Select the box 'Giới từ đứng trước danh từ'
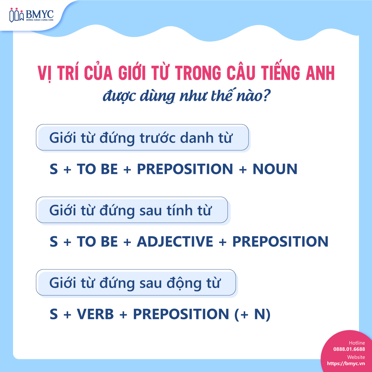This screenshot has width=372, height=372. pos(142,138)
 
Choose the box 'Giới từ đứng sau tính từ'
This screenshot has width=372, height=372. pos(132,210)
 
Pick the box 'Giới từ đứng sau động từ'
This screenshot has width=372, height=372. pos(136,283)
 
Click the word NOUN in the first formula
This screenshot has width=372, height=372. pos(275,169)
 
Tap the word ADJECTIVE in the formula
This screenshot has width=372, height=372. pos(175,242)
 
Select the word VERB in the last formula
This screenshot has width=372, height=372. pos(95,314)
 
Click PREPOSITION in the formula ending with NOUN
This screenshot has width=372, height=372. pos(185,169)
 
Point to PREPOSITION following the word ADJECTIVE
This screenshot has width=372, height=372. pos(280,242)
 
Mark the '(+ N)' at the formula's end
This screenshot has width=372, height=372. pos(252,314)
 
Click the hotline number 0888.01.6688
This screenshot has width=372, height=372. pos(349,349)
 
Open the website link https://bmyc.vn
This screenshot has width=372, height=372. pos(346,364)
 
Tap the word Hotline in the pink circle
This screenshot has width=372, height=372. pos(357,343)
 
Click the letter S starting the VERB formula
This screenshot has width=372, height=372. pos(54,314)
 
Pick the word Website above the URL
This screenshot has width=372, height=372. pos(356,357)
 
